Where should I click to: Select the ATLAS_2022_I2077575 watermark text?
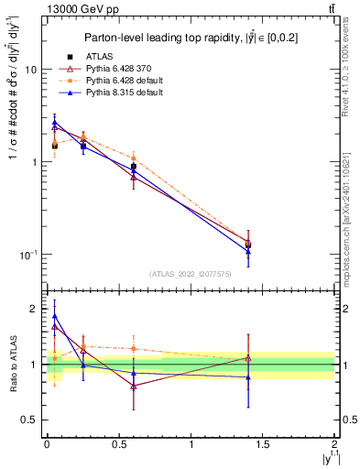click(x=190, y=273)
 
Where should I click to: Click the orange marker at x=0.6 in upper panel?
click(x=133, y=158)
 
